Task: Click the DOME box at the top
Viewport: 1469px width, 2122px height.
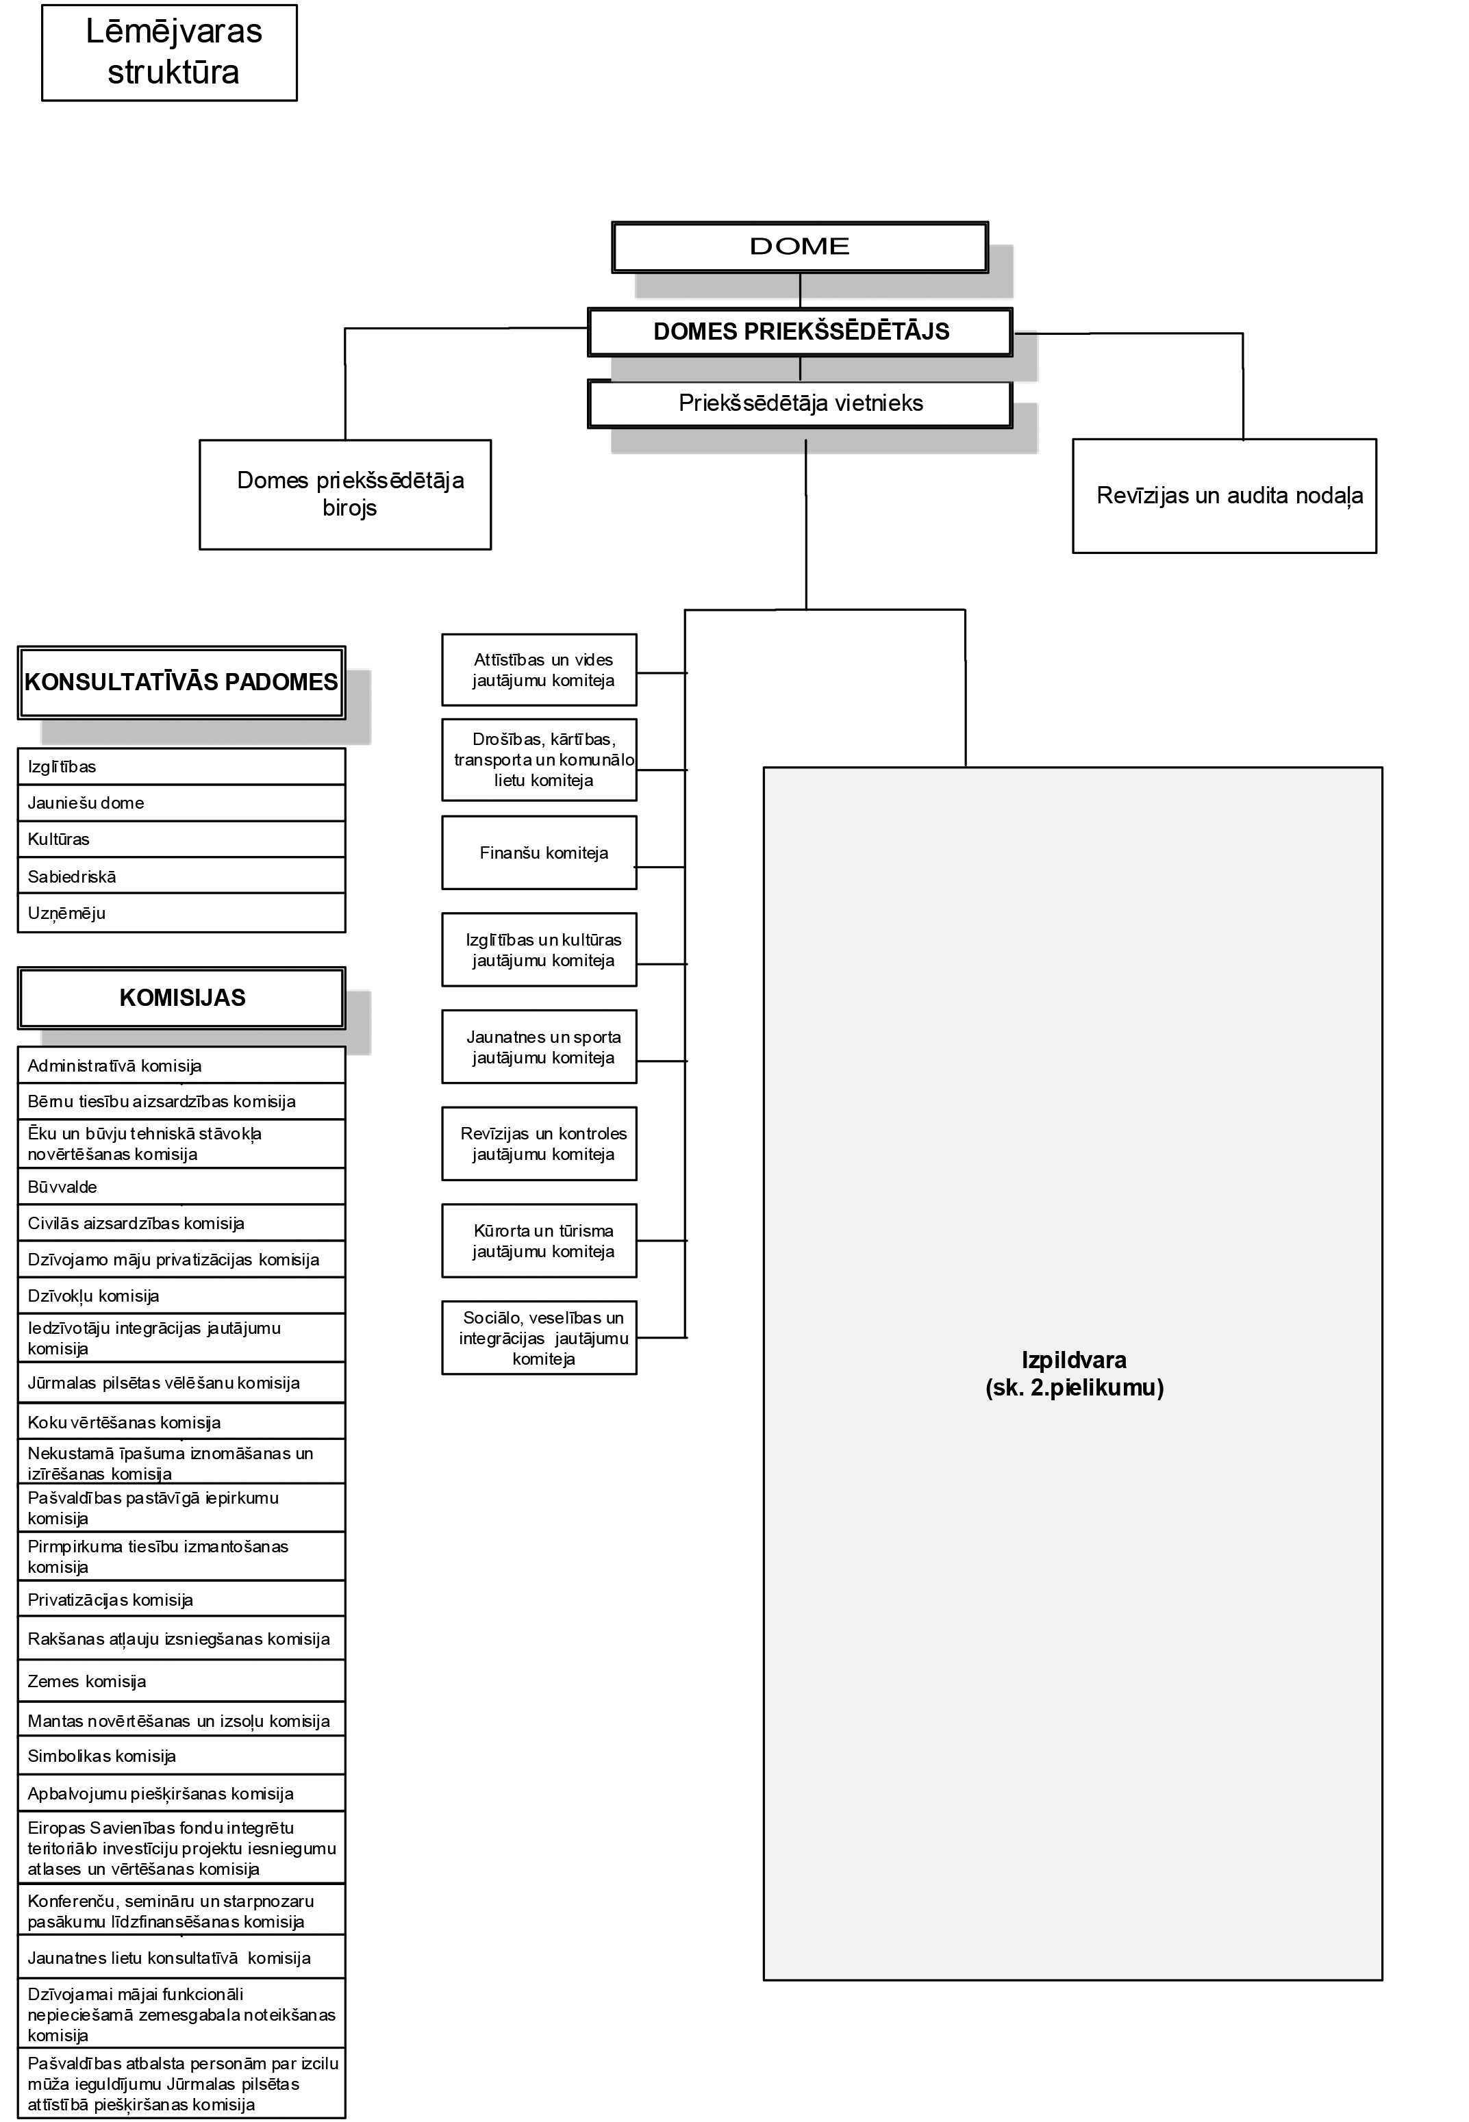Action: click(x=799, y=247)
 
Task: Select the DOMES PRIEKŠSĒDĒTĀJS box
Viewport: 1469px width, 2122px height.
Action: click(x=800, y=331)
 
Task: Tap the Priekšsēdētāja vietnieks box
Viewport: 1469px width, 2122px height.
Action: click(x=800, y=403)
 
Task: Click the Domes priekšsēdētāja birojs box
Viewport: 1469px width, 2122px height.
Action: click(x=345, y=494)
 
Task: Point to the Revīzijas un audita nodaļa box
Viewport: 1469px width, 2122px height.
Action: click(x=1225, y=495)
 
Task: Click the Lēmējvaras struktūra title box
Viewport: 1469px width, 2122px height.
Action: click(x=169, y=53)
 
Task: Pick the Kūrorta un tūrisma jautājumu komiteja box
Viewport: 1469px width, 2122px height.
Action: click(x=540, y=1241)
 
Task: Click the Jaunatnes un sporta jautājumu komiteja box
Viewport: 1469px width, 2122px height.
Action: click(x=540, y=1047)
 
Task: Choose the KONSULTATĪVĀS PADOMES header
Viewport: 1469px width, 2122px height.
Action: click(x=181, y=682)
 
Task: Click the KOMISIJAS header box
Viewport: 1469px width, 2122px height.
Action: click(x=181, y=998)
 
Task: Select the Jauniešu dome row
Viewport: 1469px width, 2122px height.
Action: click(x=181, y=803)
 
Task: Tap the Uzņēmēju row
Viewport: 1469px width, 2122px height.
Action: click(x=181, y=913)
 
